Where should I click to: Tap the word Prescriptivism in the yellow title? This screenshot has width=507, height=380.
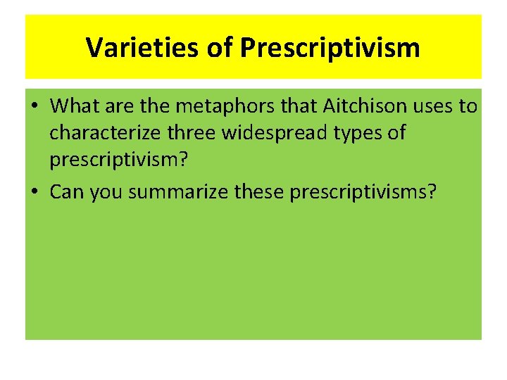click(330, 48)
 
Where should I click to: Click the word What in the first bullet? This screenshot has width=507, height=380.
click(75, 106)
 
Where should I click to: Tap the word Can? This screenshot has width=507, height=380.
click(66, 191)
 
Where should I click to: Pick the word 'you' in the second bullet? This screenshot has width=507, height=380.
click(106, 191)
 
